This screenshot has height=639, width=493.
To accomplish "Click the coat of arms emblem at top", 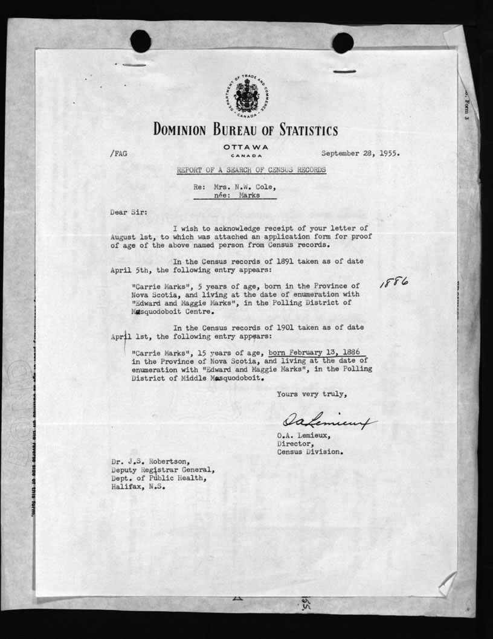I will pos(246,96).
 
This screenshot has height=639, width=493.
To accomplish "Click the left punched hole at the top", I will pos(140,41).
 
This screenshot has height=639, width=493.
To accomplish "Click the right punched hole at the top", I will pos(343,42).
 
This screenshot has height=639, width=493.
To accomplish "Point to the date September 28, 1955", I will pos(360,153).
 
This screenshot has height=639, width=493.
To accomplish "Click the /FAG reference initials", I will pos(118,153).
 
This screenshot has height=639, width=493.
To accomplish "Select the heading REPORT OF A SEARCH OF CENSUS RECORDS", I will pos(251,170).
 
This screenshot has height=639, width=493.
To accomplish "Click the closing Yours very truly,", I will pos(312,394).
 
